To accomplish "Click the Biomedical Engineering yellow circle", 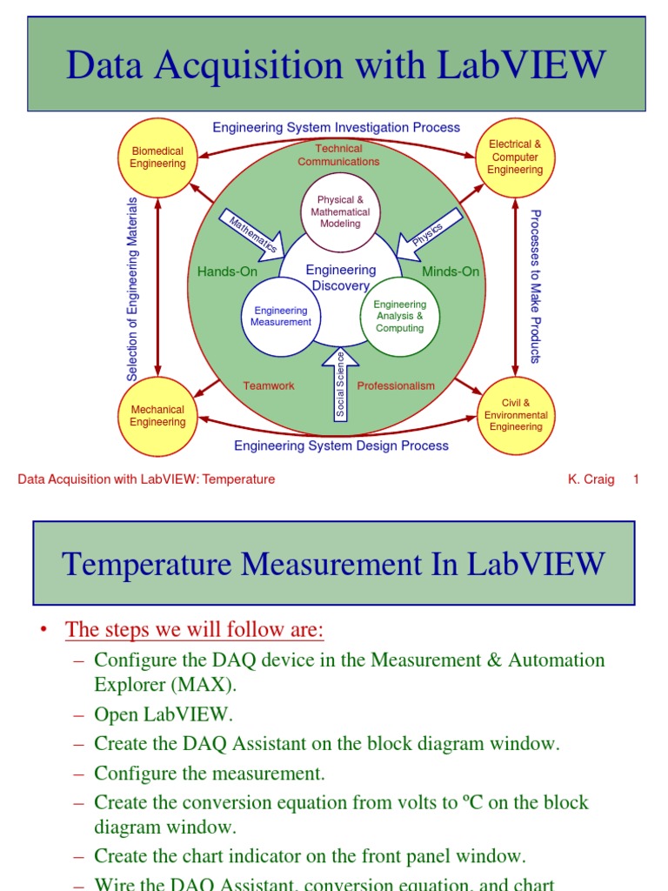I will [157, 157].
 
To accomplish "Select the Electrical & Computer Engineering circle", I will [515, 157].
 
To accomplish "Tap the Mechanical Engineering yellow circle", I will [157, 416].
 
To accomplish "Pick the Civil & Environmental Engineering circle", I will [516, 416].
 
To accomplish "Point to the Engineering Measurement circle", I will [280, 317].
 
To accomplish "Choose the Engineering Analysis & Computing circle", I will [399, 317].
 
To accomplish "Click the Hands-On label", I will [227, 271].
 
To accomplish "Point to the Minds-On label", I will [451, 271].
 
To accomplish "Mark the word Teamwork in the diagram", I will [269, 385].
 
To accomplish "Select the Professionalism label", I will [396, 385].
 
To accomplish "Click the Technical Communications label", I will [338, 155].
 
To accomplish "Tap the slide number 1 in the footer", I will [636, 479].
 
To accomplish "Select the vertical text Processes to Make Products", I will [536, 286].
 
